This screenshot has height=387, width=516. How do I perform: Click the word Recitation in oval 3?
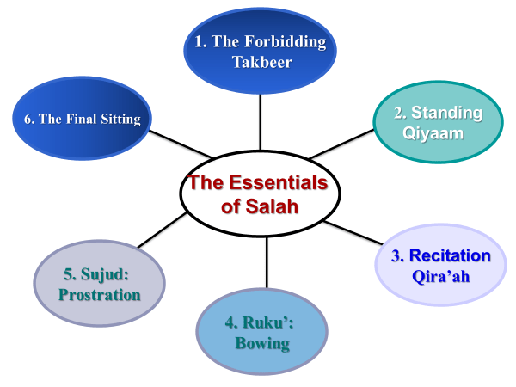[x=450, y=255]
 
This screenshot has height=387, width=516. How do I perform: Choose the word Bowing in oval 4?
[x=262, y=344]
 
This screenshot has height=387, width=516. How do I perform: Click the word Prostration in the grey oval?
[x=100, y=295]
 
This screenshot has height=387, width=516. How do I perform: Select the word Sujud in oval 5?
[x=107, y=275]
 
